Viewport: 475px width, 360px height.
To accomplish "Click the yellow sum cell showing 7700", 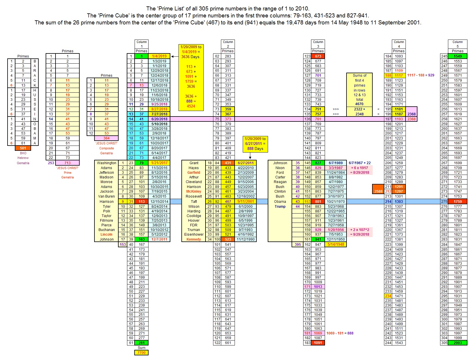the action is click(x=141, y=353).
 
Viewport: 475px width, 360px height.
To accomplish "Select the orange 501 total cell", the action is click(x=23, y=148).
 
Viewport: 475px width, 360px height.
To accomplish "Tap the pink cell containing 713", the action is click(x=67, y=163).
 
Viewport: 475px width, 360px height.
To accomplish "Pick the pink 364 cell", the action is click(x=106, y=138).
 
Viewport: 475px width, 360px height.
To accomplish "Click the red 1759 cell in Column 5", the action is click(x=458, y=202).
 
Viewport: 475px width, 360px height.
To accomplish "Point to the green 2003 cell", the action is click(x=458, y=343).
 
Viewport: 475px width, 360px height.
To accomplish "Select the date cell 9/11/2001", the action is click(x=246, y=202).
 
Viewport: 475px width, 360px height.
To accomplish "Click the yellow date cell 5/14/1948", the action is click(x=336, y=245).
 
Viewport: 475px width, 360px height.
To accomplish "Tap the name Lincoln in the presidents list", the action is click(x=106, y=234).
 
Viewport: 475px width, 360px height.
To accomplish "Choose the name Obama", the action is click(x=280, y=202).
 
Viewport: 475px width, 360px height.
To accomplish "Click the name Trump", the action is click(x=280, y=207).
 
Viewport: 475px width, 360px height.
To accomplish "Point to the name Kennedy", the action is click(x=194, y=239).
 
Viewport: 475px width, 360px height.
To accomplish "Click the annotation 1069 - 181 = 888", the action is click(x=340, y=333).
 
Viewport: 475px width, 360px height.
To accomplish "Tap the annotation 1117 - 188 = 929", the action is click(x=421, y=75).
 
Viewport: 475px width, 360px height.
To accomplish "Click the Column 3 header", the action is click(x=318, y=44).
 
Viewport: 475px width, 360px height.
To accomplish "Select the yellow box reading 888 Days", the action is click(x=255, y=144).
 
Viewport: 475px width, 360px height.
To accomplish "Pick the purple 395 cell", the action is click(x=298, y=245).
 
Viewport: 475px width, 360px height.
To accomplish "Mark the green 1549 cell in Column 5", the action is click(x=458, y=56).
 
